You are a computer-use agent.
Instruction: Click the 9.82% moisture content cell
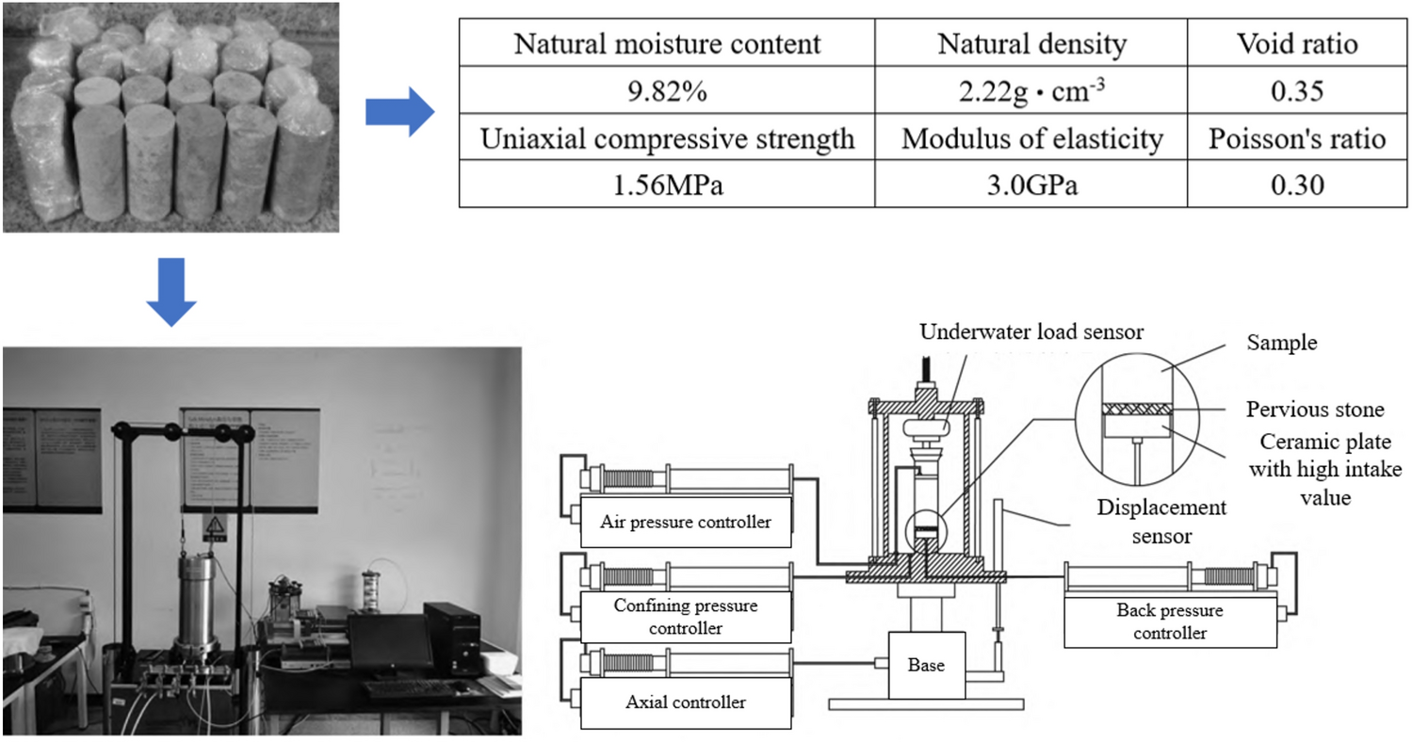pos(666,92)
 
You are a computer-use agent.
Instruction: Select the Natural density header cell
pos(1031,44)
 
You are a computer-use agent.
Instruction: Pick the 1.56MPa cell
pos(666,185)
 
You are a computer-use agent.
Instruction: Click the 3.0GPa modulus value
pos(1031,185)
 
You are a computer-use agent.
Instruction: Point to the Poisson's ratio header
pos(1297,139)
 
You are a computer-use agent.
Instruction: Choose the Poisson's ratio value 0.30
pos(1297,185)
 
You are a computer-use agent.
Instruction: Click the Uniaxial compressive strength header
pos(666,139)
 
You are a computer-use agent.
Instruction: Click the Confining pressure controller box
pos(686,616)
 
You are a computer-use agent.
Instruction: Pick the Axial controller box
pos(686,702)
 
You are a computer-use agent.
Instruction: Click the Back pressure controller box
pos(1170,621)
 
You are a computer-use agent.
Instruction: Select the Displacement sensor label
pos(1161,522)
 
